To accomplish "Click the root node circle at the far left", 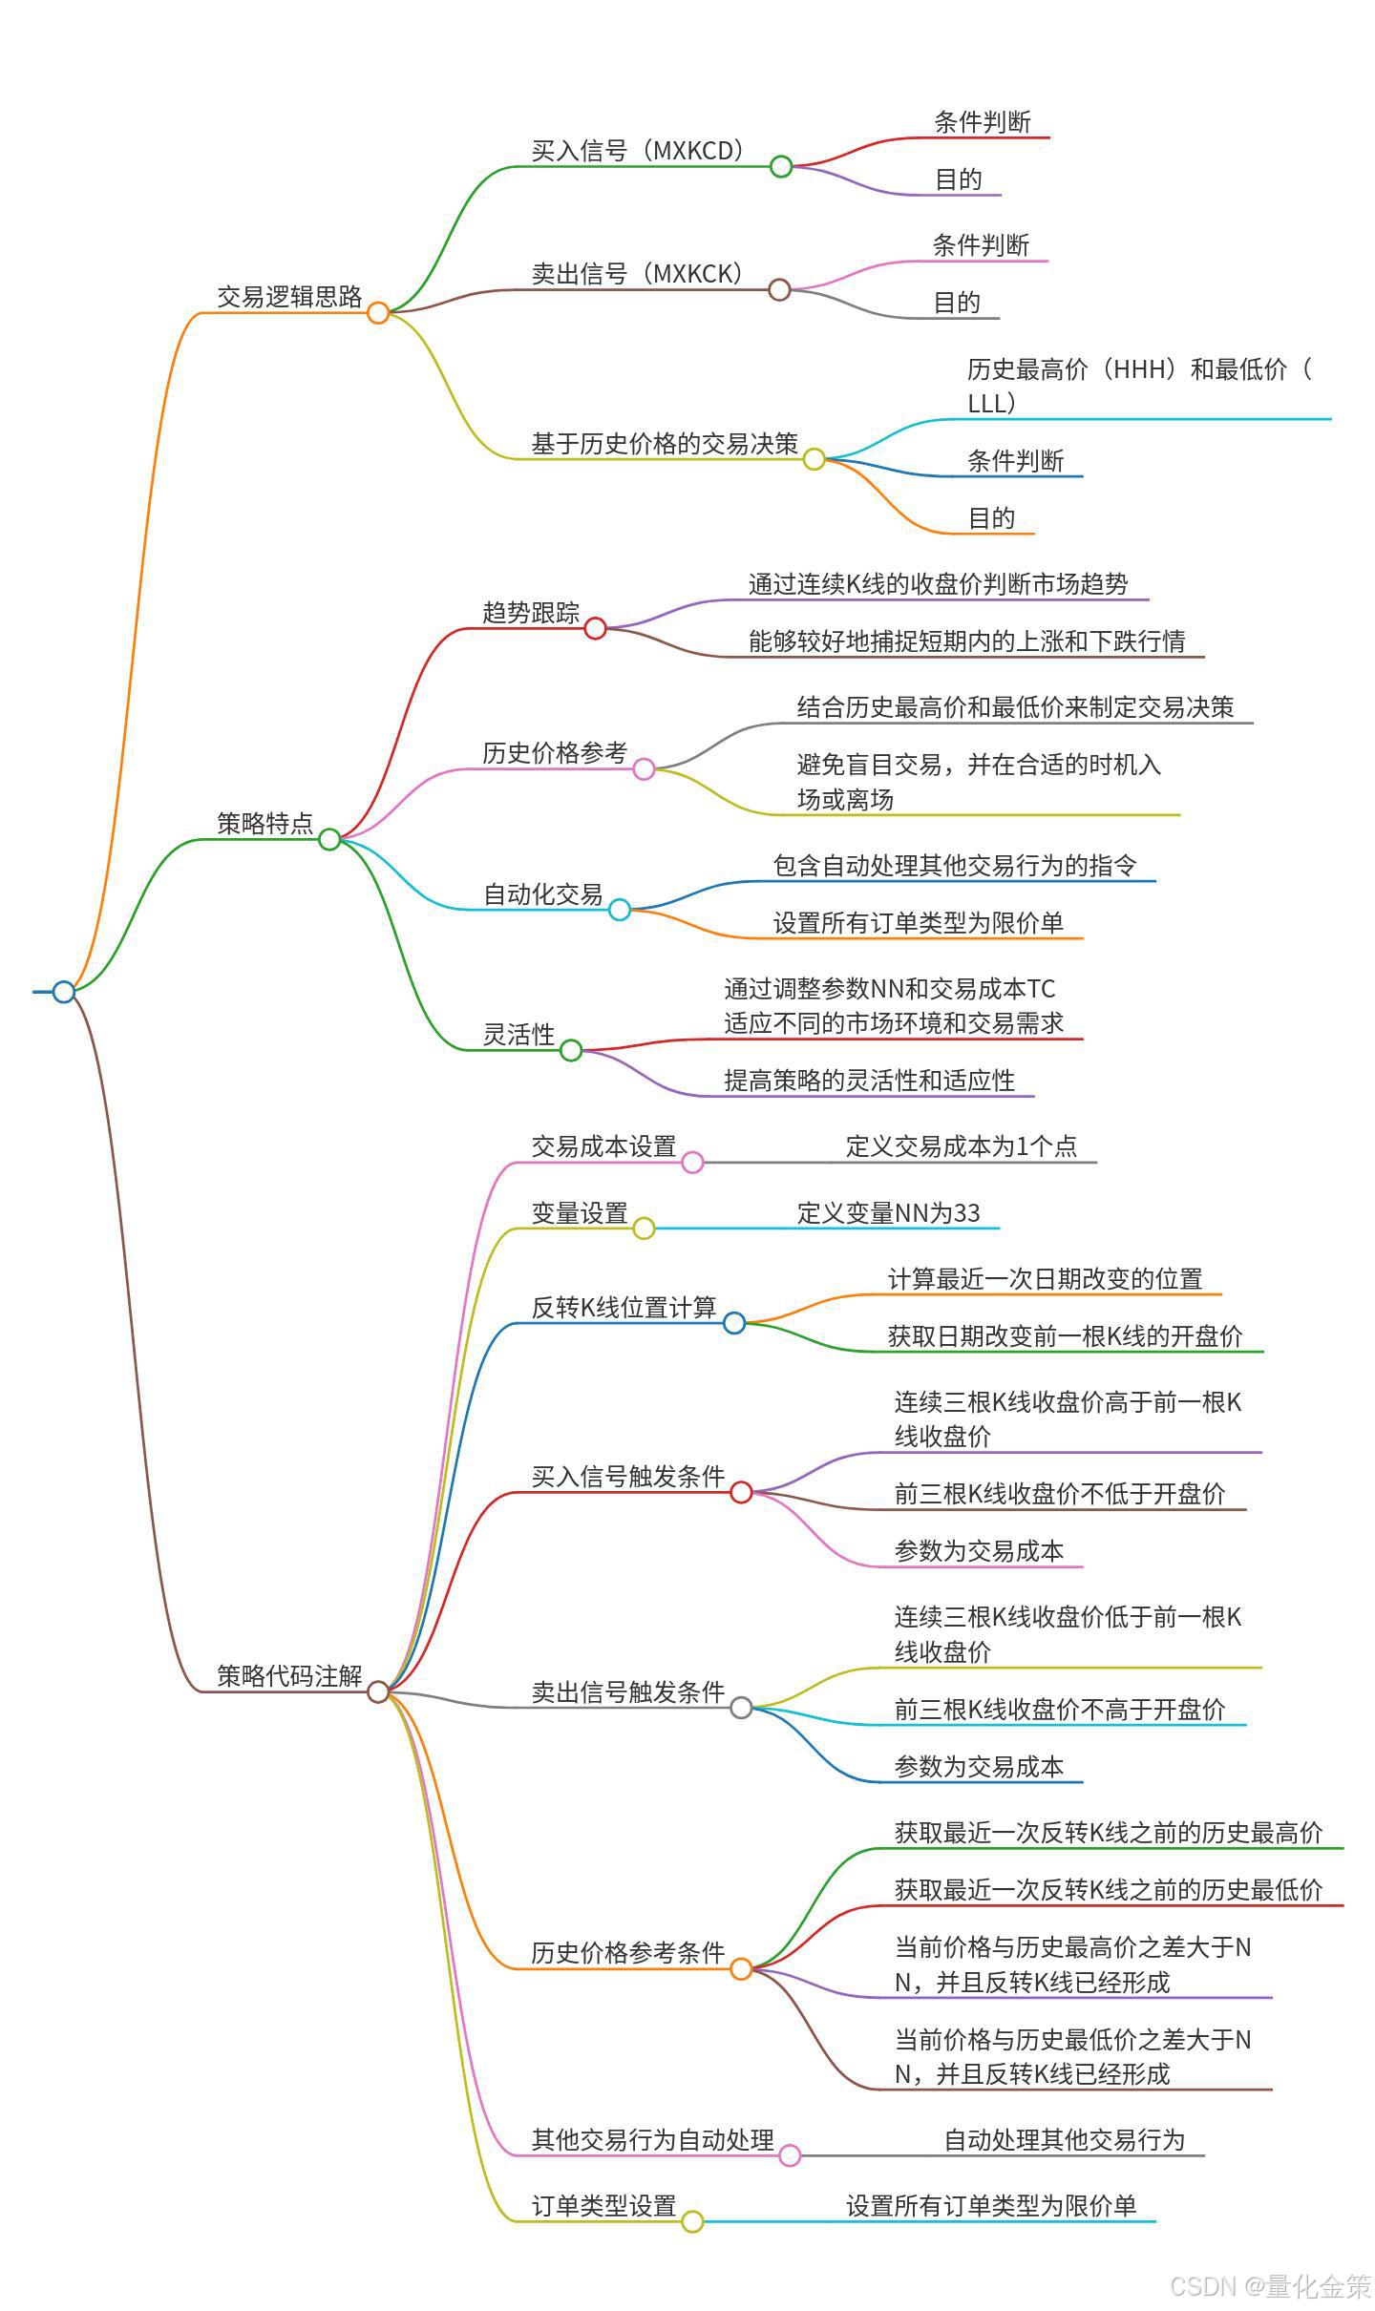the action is tap(64, 992).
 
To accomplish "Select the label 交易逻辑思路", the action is tap(289, 297).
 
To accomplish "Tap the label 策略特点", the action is tap(264, 823).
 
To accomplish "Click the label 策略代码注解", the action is tap(289, 1675).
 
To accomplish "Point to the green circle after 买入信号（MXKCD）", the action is tap(781, 166).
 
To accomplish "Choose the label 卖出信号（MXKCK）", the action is tap(637, 274).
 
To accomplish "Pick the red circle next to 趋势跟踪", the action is tap(595, 628).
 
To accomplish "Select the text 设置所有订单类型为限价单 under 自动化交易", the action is tap(918, 922).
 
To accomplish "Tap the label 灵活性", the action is tap(518, 1034).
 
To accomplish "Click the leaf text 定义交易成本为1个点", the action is tap(962, 1145).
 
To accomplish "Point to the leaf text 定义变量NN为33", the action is tap(888, 1212).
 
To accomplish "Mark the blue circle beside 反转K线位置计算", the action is tap(734, 1322).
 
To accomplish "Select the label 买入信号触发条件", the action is tap(627, 1477).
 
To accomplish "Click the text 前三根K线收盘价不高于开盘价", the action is tap(1059, 1709).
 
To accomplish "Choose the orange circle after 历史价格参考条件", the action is tap(741, 1968).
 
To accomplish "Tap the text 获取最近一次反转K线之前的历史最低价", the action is tap(1109, 1889).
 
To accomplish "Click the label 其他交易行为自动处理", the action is tap(652, 2139).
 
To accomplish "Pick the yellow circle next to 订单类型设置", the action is tap(692, 2221).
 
